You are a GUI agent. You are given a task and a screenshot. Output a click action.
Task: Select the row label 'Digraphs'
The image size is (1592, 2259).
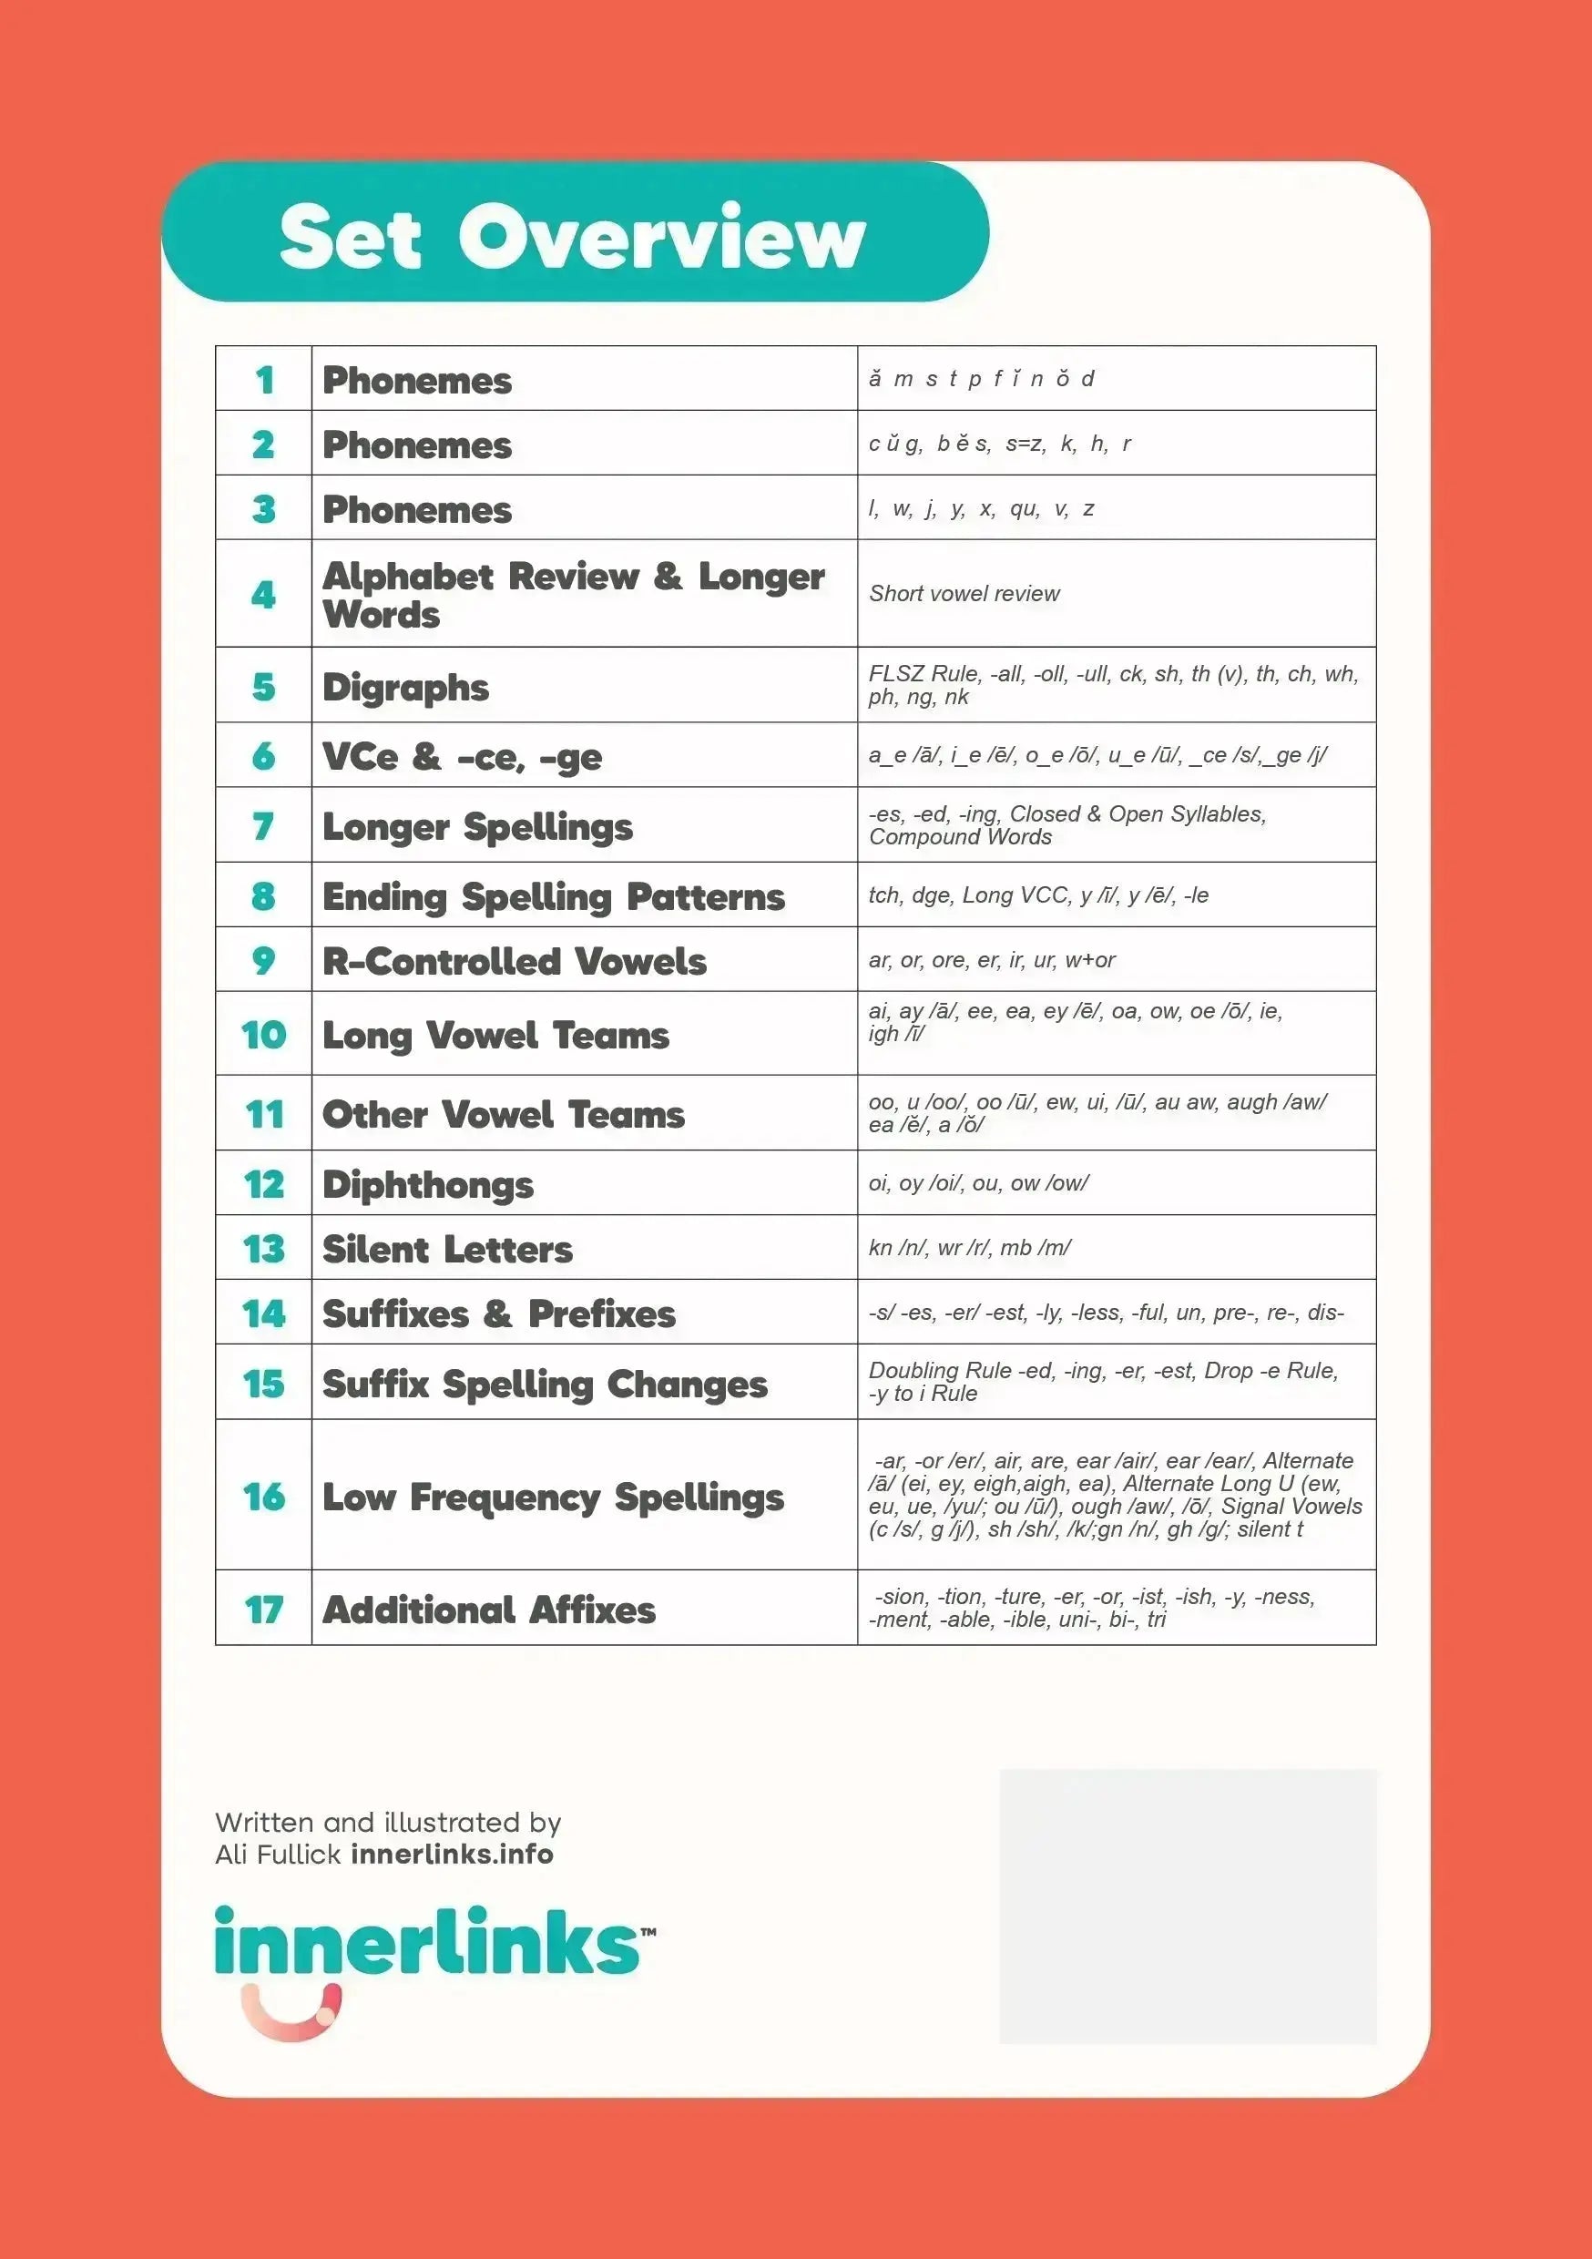(x=405, y=687)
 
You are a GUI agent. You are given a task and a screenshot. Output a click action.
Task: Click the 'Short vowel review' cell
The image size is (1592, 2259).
(x=964, y=593)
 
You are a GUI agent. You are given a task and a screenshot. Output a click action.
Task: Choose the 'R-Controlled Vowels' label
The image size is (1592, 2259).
(x=514, y=960)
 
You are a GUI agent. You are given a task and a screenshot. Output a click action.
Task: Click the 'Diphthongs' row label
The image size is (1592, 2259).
(x=428, y=1183)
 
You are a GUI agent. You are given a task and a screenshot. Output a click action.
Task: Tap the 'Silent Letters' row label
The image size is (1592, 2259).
(x=448, y=1249)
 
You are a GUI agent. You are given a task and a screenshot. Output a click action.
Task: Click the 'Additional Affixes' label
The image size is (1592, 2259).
(x=489, y=1610)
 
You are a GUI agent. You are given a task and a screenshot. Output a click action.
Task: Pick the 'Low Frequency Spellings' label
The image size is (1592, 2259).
(x=553, y=1497)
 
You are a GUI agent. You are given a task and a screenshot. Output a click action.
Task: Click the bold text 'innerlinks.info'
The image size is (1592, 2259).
(x=453, y=1855)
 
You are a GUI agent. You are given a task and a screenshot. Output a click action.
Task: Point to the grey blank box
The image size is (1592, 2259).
(x=1188, y=1906)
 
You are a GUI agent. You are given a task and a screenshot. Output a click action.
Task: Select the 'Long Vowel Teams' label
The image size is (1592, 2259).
(x=495, y=1034)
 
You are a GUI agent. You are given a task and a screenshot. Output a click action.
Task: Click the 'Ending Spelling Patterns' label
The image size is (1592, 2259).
(x=553, y=895)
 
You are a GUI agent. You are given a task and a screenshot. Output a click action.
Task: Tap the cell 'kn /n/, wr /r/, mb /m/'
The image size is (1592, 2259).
(x=969, y=1248)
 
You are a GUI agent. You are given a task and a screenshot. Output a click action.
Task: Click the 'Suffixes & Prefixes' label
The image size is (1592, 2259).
(x=499, y=1313)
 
